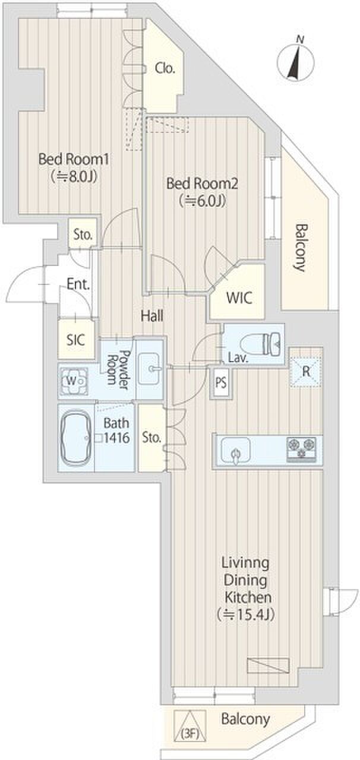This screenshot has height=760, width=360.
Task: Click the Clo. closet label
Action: pos(165,69)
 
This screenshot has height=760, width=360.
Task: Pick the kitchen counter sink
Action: pos(236,452)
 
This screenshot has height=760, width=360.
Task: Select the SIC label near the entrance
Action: pos(77,340)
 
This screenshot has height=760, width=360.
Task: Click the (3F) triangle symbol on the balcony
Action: pos(190,725)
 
